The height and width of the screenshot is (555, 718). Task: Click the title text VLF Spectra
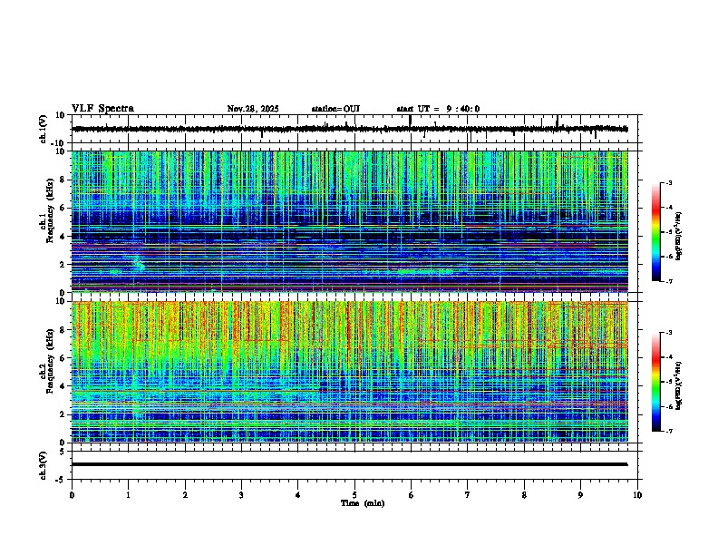(102, 109)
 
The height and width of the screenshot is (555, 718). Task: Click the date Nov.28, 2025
(252, 109)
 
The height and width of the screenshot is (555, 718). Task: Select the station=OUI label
(335, 109)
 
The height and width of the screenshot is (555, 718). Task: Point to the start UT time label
(438, 109)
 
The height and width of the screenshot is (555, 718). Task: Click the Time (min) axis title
(362, 502)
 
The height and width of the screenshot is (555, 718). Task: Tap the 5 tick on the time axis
(354, 494)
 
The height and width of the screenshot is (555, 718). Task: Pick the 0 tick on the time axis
(72, 494)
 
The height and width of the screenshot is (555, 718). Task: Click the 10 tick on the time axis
(637, 494)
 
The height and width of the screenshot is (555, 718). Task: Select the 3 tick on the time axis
(241, 494)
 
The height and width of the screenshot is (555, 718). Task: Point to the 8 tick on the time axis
(524, 494)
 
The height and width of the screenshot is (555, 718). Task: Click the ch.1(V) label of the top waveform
(44, 129)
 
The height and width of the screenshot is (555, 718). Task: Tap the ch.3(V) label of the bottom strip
(44, 464)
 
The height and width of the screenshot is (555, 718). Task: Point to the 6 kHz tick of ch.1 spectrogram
(63, 208)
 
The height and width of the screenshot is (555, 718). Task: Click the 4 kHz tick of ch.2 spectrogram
(63, 385)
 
